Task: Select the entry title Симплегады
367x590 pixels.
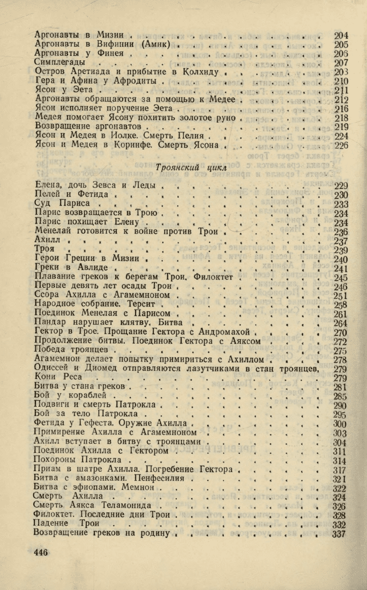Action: point(58,63)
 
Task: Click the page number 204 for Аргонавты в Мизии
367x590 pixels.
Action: point(341,36)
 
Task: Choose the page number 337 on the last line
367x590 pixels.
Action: point(339,533)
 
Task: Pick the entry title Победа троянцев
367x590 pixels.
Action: point(72,350)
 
